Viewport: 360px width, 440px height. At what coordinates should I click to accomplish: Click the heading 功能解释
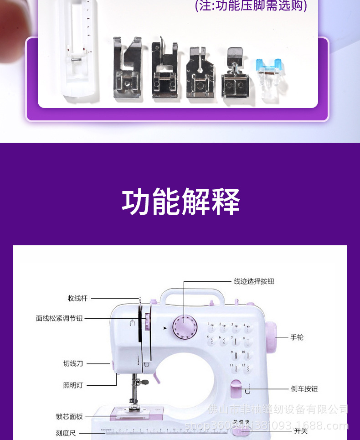click(x=180, y=202)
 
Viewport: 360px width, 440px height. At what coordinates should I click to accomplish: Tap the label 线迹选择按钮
click(x=254, y=281)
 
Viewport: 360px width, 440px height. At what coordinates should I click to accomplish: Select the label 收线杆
click(x=77, y=298)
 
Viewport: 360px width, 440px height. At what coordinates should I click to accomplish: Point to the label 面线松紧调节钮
click(x=59, y=318)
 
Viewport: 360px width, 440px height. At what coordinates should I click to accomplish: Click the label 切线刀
click(x=73, y=363)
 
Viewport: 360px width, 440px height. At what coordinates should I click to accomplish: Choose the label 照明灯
click(x=73, y=385)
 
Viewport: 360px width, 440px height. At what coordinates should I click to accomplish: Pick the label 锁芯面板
click(x=70, y=416)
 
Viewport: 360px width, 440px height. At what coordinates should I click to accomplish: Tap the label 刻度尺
click(x=66, y=433)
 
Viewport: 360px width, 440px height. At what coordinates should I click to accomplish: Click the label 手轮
click(x=297, y=337)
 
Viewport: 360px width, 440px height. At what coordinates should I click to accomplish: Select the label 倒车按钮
click(x=304, y=389)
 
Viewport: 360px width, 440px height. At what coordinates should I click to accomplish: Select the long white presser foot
click(x=78, y=50)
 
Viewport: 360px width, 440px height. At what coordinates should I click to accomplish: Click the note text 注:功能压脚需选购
click(x=251, y=6)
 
